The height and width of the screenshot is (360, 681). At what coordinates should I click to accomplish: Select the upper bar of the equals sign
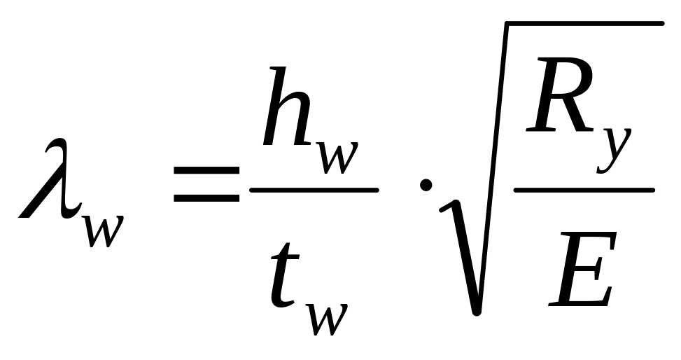coord(206,171)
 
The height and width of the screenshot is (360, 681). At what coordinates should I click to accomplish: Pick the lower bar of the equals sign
coord(206,198)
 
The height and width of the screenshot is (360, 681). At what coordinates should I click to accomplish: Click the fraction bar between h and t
coord(314,190)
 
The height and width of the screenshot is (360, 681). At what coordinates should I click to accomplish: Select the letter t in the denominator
coord(285,274)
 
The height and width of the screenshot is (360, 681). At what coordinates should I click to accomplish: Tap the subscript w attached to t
coord(328,319)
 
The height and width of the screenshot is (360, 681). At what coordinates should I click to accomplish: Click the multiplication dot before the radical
coord(426,185)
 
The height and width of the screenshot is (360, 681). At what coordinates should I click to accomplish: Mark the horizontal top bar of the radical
coord(584,23)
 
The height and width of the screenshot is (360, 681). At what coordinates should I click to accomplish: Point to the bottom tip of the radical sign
coord(477,312)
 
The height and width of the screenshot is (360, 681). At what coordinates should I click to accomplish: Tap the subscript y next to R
coord(614,150)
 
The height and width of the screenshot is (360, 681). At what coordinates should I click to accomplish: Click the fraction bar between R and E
coord(584,190)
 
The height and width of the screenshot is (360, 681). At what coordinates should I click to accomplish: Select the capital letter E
coord(582,269)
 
